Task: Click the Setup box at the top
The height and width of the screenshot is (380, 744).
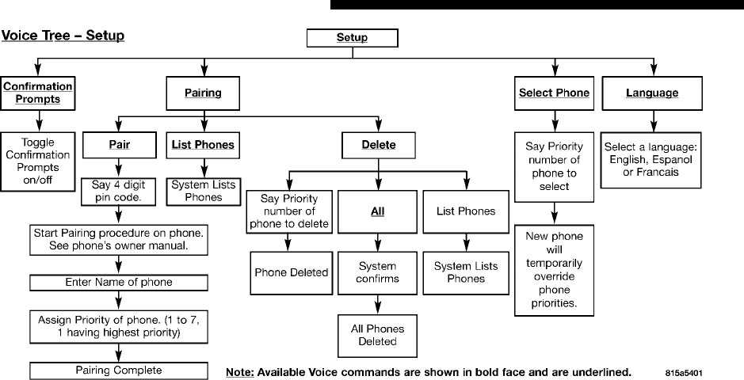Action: click(352, 37)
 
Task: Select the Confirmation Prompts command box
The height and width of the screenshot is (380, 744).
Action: click(37, 93)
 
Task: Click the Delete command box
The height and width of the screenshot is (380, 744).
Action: click(380, 145)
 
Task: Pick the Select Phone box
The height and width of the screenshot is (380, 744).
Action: click(554, 93)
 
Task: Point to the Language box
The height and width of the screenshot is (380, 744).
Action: click(651, 93)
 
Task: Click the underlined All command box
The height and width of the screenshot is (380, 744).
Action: click(376, 211)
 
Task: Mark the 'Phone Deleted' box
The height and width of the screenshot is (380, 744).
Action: click(291, 272)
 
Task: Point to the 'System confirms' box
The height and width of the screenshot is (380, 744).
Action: click(377, 272)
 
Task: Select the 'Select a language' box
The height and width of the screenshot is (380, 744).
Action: click(651, 160)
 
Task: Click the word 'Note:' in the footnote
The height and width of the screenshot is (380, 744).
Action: click(239, 370)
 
